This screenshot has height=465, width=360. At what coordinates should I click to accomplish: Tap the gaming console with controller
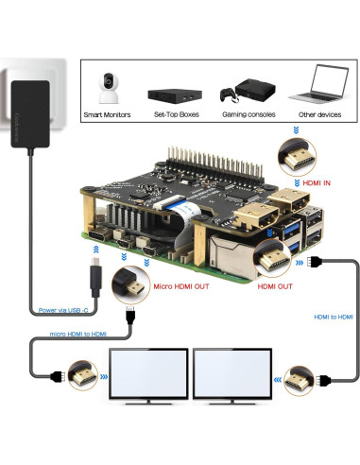(x=241, y=94)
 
